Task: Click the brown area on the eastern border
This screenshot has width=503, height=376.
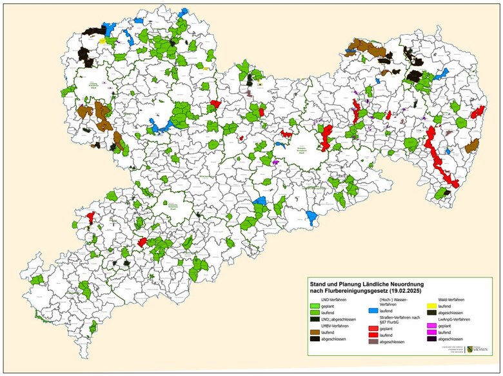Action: click(x=472, y=146)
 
